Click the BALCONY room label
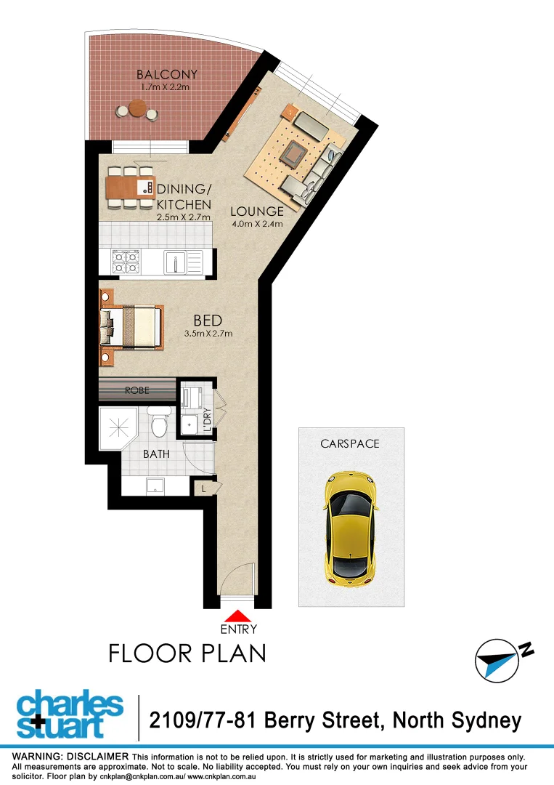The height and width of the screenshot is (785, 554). (x=167, y=74)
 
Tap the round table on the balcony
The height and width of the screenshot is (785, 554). (x=137, y=109)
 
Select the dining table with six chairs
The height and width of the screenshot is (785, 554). (x=131, y=188)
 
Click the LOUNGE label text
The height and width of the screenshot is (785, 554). (x=256, y=212)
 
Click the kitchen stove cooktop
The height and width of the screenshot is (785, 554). (x=124, y=261)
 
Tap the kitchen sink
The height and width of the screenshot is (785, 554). (x=176, y=260)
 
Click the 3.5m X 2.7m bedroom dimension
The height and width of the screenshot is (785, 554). (x=208, y=334)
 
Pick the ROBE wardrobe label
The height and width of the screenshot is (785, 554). (x=137, y=390)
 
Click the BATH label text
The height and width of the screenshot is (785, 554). (x=156, y=454)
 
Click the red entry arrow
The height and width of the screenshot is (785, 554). (x=237, y=616)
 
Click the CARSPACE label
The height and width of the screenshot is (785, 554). (x=350, y=443)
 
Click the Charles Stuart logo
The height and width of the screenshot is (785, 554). (x=70, y=717)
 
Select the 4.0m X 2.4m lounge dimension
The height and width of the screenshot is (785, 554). (x=256, y=224)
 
